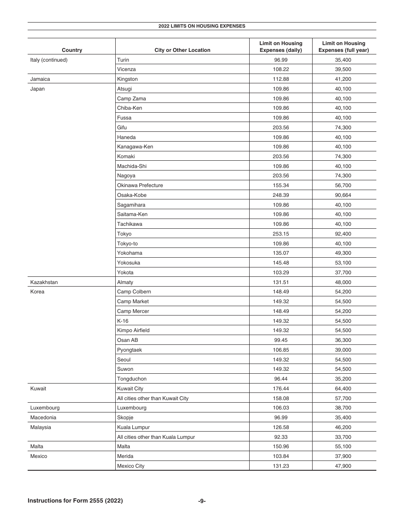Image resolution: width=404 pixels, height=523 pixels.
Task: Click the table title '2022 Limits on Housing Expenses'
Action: pyautogui.click(x=202, y=26)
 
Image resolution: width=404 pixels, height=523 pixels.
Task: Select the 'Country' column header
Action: pyautogui.click(x=72, y=50)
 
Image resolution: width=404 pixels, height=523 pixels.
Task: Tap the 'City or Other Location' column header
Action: pyautogui.click(x=182, y=50)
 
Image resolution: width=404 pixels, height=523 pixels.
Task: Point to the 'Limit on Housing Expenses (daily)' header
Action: pyautogui.click(x=281, y=47)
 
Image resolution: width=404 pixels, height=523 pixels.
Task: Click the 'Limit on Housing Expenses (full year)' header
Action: pyautogui.click(x=344, y=47)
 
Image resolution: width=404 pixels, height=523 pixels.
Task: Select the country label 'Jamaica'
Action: pyautogui.click(x=40, y=79)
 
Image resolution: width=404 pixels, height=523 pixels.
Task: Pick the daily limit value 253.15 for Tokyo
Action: pyautogui.click(x=281, y=234)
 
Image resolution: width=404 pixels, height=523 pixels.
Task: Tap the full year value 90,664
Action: pyautogui.click(x=344, y=195)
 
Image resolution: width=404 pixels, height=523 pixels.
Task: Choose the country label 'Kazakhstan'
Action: pyautogui.click(x=44, y=282)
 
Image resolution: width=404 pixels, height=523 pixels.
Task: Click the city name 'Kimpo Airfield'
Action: pyautogui.click(x=133, y=330)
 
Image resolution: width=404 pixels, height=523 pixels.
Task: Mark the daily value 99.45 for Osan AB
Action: pyautogui.click(x=281, y=340)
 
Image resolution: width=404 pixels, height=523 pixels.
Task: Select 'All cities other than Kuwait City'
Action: pyautogui.click(x=153, y=398)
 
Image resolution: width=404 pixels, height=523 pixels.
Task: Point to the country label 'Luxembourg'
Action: pyautogui.click(x=45, y=408)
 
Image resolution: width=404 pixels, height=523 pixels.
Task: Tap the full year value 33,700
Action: pyautogui.click(x=344, y=437)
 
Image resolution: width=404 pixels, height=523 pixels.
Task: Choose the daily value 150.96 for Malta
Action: pyautogui.click(x=281, y=446)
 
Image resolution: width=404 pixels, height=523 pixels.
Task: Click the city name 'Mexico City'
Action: pyautogui.click(x=131, y=466)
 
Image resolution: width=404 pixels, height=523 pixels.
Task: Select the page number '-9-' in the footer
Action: pyautogui.click(x=202, y=501)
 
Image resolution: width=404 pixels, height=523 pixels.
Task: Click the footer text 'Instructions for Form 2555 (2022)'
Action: pyautogui.click(x=75, y=501)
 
